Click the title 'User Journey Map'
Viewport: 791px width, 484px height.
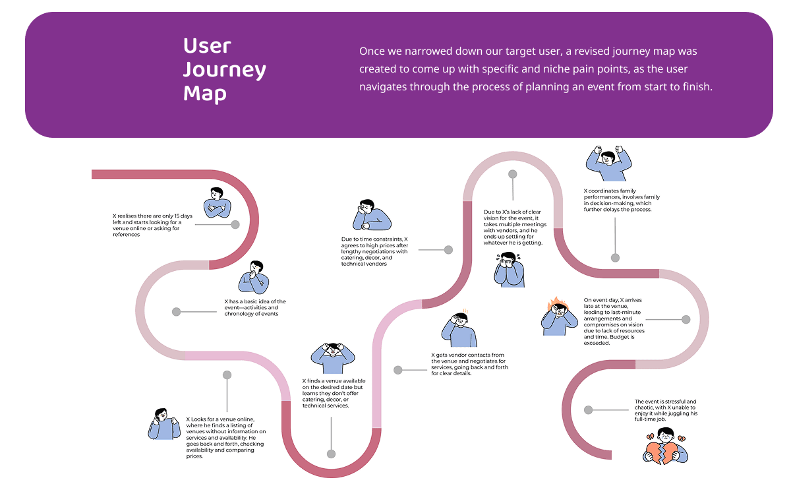[x=224, y=69]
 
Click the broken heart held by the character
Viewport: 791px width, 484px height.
[x=664, y=452]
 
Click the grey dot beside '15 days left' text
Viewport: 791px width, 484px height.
[x=235, y=225]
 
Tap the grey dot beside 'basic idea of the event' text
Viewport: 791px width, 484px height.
[x=176, y=312]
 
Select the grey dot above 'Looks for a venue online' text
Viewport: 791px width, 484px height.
[x=227, y=375]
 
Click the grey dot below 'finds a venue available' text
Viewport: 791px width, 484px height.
[x=331, y=454]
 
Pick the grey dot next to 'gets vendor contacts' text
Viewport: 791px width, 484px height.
[x=398, y=370]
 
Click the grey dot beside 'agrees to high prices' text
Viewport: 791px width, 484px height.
[x=448, y=250]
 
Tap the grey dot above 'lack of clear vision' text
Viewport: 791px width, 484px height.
[x=512, y=174]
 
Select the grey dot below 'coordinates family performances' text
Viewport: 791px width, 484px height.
[x=615, y=258]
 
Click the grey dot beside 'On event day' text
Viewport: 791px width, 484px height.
[x=686, y=319]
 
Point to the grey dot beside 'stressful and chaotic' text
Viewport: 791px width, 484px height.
[x=588, y=409]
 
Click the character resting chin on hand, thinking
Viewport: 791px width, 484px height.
[x=254, y=278]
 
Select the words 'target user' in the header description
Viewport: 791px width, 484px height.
[x=522, y=51]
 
